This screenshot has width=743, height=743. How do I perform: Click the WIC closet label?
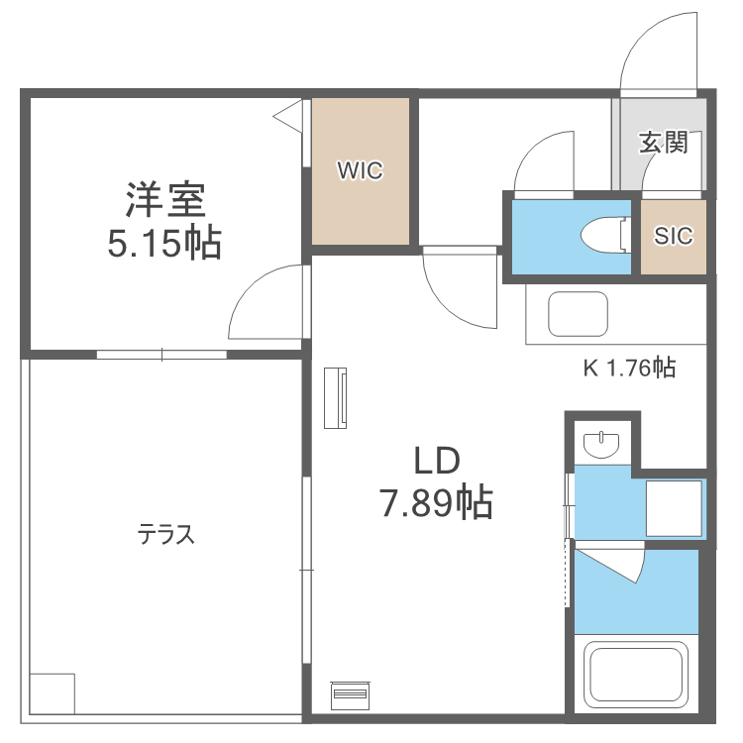coord(359,170)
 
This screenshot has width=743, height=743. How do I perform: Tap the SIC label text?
coord(674,236)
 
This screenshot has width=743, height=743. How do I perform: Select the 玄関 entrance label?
coord(663,143)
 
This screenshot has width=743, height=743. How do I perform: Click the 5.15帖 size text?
coord(164,243)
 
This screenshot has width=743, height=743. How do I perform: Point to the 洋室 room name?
coord(164,200)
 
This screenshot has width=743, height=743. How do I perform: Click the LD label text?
coord(436,461)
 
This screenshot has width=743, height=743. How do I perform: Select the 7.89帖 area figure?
coord(436,505)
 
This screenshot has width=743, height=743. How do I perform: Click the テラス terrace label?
coord(165,536)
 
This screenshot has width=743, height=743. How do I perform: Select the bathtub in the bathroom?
coord(636,676)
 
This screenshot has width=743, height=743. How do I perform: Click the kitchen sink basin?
coord(578,313)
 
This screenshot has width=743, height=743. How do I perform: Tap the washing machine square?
coord(675,509)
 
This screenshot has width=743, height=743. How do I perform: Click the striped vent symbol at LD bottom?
coord(349,692)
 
